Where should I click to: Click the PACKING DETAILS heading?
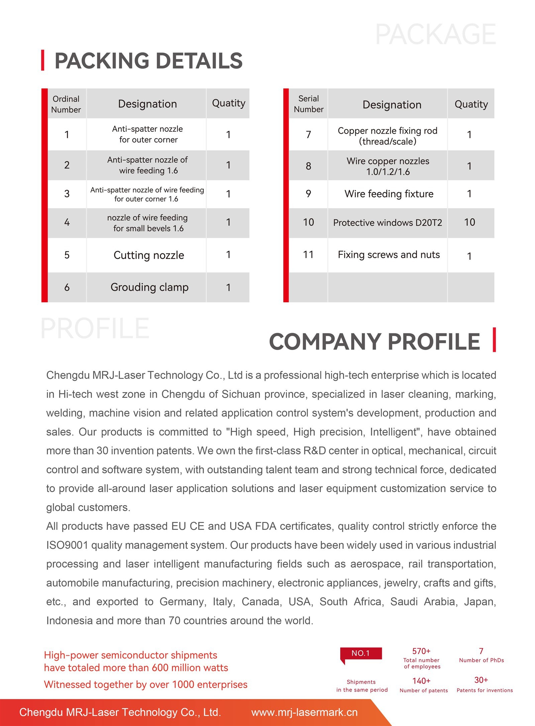pos(148,61)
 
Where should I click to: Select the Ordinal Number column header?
pos(66,104)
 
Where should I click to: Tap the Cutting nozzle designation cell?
pos(149,255)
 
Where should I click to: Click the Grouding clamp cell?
pos(149,287)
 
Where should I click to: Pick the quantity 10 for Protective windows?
pos(469,222)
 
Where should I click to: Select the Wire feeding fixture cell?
pos(389,194)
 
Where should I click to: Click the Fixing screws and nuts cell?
pos(389,255)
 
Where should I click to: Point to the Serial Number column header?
pos(308,104)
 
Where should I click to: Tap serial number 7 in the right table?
pos(308,134)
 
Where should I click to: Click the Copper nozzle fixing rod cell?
pos(388,136)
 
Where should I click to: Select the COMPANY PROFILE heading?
pos(374,341)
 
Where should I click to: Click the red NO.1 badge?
pos(360,653)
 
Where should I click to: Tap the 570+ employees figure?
pos(421,651)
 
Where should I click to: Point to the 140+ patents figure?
pos(421,681)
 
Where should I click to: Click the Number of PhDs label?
pos(481,660)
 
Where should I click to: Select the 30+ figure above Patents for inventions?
pos(481,680)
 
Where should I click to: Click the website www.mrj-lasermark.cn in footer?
pos(304,712)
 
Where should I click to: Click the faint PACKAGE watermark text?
pos(436,34)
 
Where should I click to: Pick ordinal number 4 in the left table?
pos(67,222)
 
